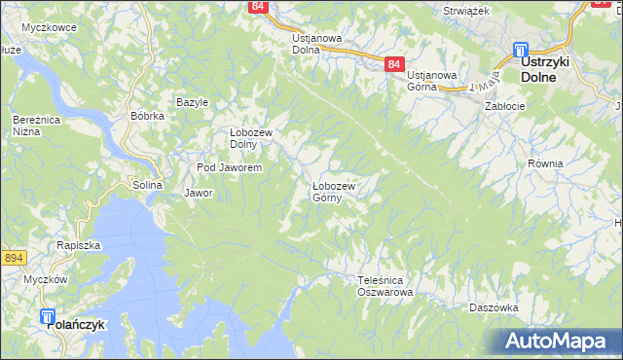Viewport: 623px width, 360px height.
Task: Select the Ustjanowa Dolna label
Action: point(317,44)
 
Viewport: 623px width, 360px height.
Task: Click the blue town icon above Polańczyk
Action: point(49,315)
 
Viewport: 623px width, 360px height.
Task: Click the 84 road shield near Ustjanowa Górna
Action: point(393,63)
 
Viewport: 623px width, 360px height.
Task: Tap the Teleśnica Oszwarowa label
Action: point(385,286)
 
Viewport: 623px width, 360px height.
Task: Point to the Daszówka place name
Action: point(493,306)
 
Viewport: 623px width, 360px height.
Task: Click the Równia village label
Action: point(545,163)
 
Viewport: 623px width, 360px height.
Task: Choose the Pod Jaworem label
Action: point(230,168)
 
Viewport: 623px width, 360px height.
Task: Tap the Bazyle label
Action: point(192,102)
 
